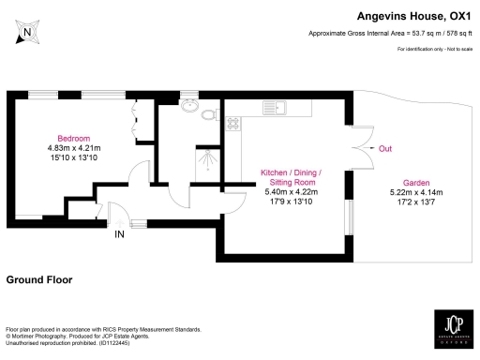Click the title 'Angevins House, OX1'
coord(412,15)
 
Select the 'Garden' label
coord(416,182)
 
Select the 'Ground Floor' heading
coord(42,279)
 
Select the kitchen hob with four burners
coord(233,123)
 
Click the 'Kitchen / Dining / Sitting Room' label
coord(291,178)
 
